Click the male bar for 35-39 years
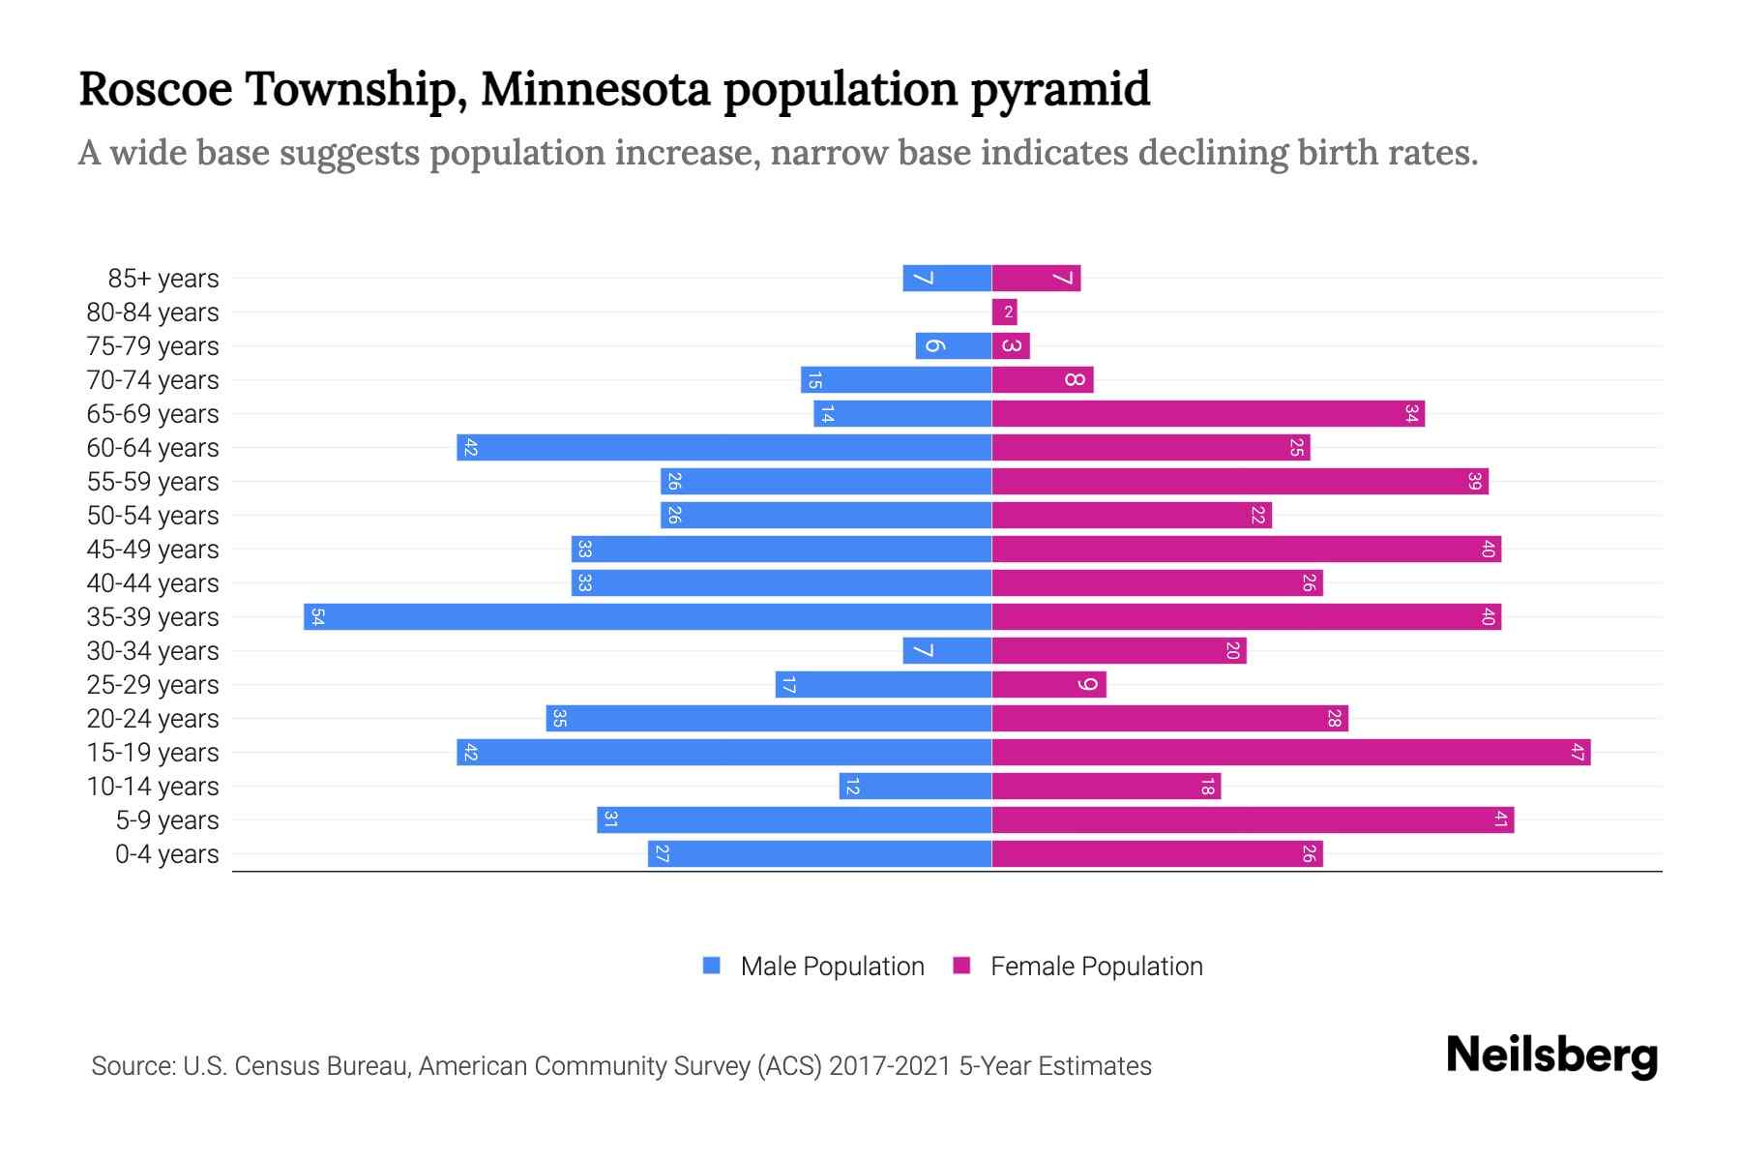[647, 617]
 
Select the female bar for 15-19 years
[1291, 753]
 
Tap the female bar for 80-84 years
[1004, 313]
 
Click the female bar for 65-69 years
[1208, 414]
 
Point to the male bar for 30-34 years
[947, 651]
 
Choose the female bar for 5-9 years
[1253, 820]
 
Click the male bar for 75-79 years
[953, 346]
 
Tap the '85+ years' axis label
[163, 279]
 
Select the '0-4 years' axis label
[166, 854]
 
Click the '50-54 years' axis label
[153, 516]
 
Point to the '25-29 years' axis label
[153, 685]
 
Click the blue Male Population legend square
[712, 966]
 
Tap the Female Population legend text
[1096, 967]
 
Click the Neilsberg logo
[1551, 1056]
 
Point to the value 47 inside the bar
[1578, 753]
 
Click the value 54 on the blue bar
[317, 617]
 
